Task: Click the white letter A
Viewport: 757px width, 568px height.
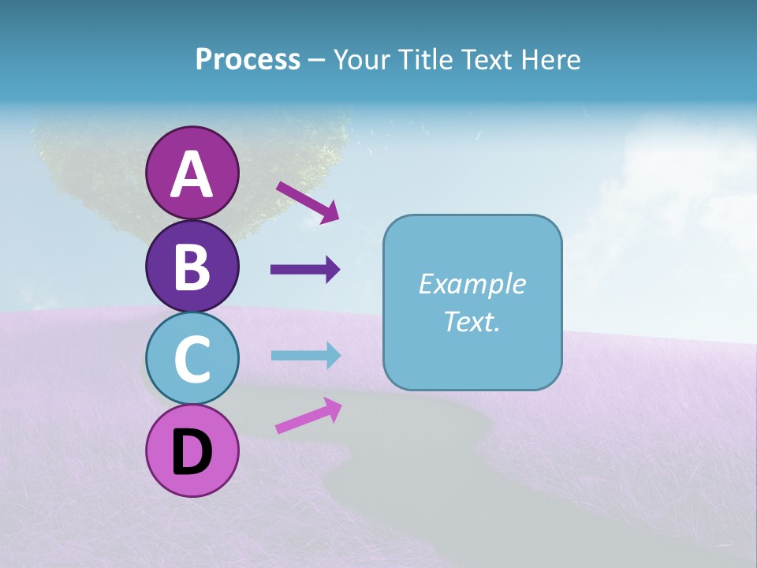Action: (x=192, y=174)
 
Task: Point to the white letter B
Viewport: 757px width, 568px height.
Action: (x=192, y=267)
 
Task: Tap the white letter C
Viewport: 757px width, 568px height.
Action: (x=192, y=360)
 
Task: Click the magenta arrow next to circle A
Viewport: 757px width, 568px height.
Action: (x=307, y=202)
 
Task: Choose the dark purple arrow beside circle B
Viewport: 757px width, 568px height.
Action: (x=305, y=270)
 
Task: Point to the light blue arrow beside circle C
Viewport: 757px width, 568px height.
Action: (x=305, y=355)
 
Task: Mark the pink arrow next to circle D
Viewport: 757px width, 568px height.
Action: (x=308, y=416)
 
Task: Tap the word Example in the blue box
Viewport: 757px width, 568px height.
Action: (x=472, y=284)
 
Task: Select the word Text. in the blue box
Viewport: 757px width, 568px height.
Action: (x=472, y=321)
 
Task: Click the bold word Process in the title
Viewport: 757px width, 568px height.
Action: (x=248, y=59)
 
